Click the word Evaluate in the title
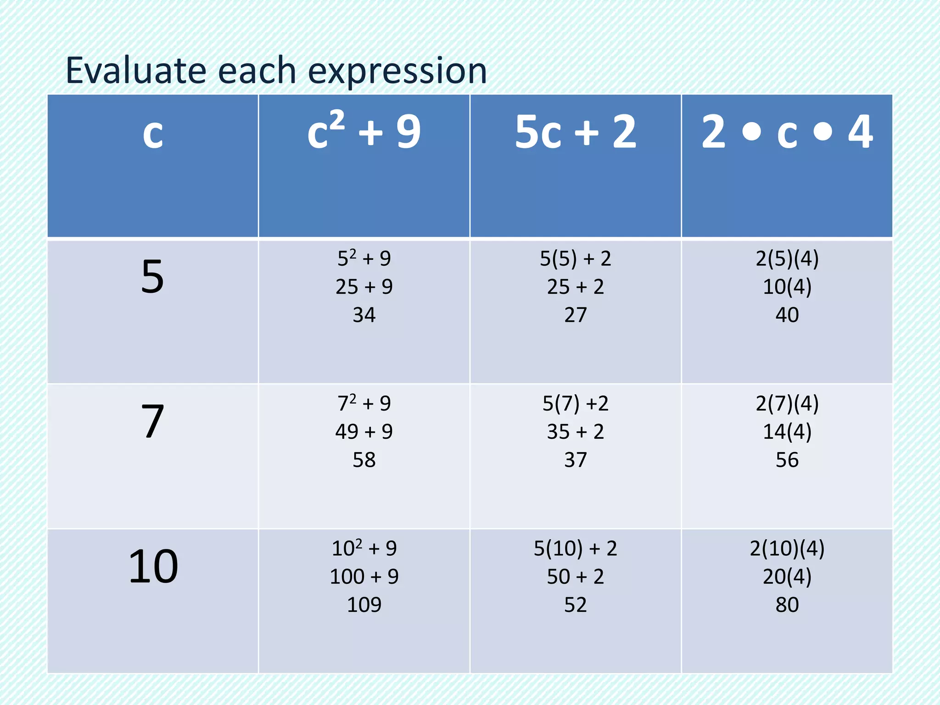pyautogui.click(x=137, y=71)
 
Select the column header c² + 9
pyautogui.click(x=364, y=132)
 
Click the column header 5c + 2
pyautogui.click(x=576, y=132)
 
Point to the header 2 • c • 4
pyautogui.click(x=787, y=132)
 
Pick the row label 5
pyautogui.click(x=152, y=277)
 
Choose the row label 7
pyautogui.click(x=152, y=421)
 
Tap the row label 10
pyautogui.click(x=153, y=567)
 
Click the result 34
pyautogui.click(x=364, y=315)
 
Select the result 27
pyautogui.click(x=576, y=315)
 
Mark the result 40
pyautogui.click(x=787, y=315)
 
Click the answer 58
pyautogui.click(x=364, y=460)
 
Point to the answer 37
pyautogui.click(x=576, y=460)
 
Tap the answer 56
pyautogui.click(x=787, y=460)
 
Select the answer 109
pyautogui.click(x=364, y=605)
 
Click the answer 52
pyautogui.click(x=576, y=605)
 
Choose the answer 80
pyautogui.click(x=787, y=605)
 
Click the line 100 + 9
pyautogui.click(x=364, y=576)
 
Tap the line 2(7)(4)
pyautogui.click(x=787, y=404)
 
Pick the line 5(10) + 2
pyautogui.click(x=576, y=548)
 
